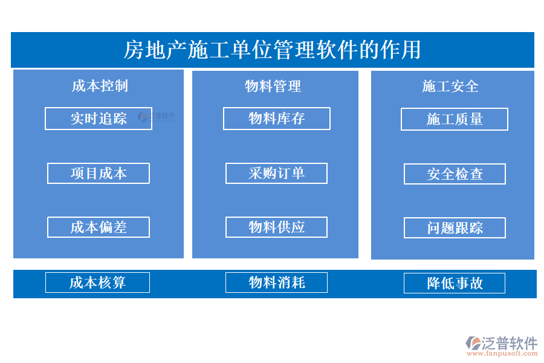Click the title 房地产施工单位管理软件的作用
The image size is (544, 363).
pyautogui.click(x=272, y=50)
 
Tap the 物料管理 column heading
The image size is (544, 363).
pyautogui.click(x=273, y=86)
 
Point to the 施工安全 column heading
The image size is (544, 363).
pyautogui.click(x=450, y=87)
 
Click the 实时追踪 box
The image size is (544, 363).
pyautogui.click(x=98, y=119)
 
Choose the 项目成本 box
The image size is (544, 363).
pyautogui.click(x=99, y=174)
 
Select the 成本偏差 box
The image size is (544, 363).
pyautogui.click(x=99, y=227)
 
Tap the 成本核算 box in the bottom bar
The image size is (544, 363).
pyautogui.click(x=97, y=283)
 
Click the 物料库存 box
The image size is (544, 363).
pyautogui.click(x=276, y=119)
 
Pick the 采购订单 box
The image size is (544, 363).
pyautogui.click(x=276, y=174)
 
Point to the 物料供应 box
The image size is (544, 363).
pyautogui.click(x=276, y=227)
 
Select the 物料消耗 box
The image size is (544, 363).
pyautogui.click(x=276, y=283)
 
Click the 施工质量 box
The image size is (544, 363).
pyautogui.click(x=455, y=119)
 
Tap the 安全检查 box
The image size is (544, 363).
pyautogui.click(x=455, y=174)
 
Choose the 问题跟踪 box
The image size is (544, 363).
pyautogui.click(x=455, y=228)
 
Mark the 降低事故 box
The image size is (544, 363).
pyautogui.click(x=455, y=283)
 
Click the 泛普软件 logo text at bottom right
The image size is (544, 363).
pyautogui.click(x=509, y=342)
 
